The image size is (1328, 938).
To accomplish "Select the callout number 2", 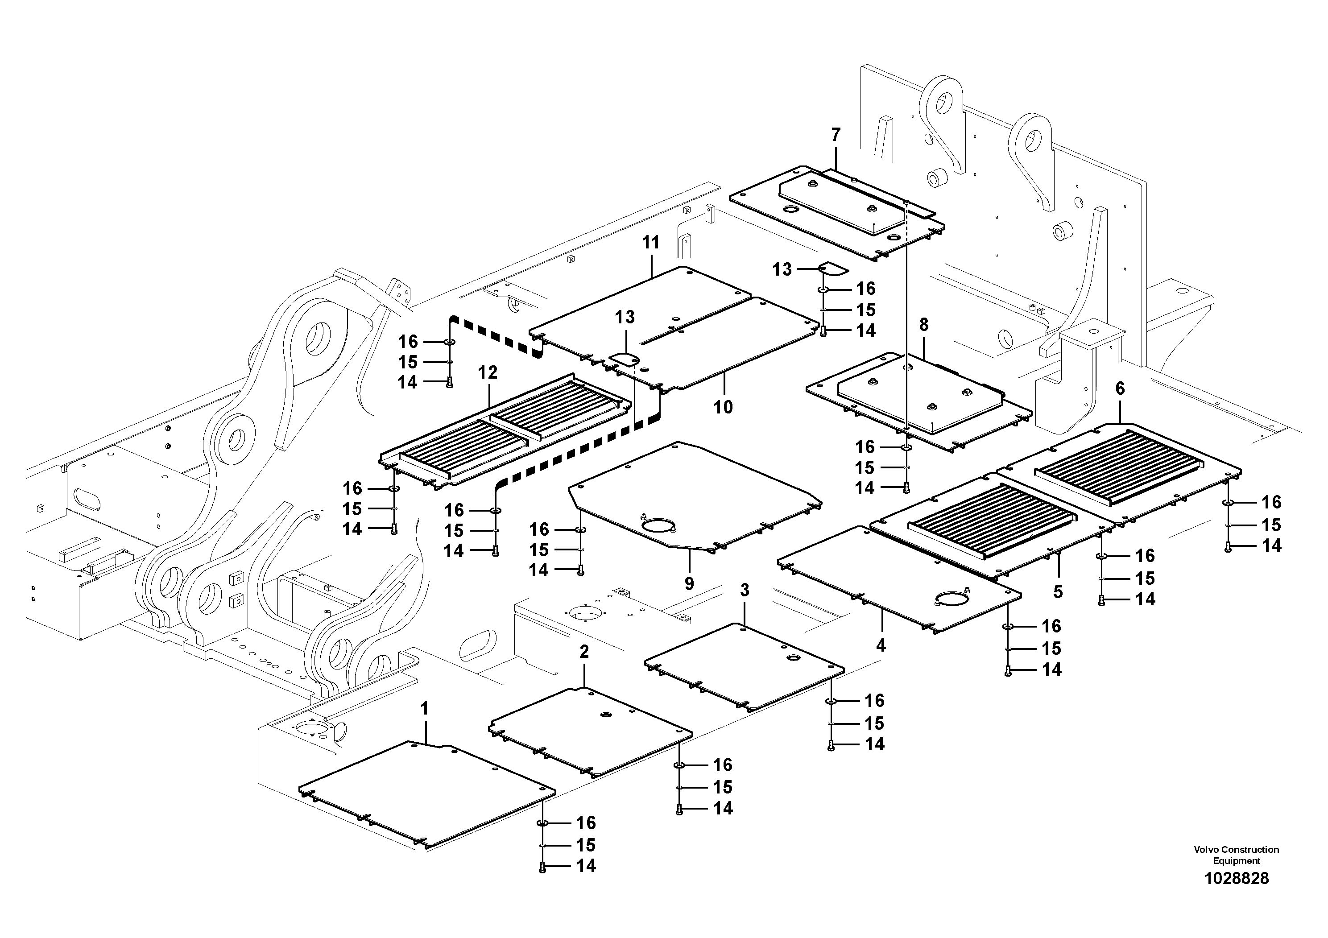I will coord(584,652).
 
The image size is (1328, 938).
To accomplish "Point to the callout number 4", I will coord(881,645).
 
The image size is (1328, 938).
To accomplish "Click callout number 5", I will coord(1058,591).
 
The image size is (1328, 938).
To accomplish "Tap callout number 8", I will coord(924,325).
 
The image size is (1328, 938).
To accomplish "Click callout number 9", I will coord(689,583).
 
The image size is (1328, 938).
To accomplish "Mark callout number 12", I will coord(488,373).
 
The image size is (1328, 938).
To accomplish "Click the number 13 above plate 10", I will coord(625,317).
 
